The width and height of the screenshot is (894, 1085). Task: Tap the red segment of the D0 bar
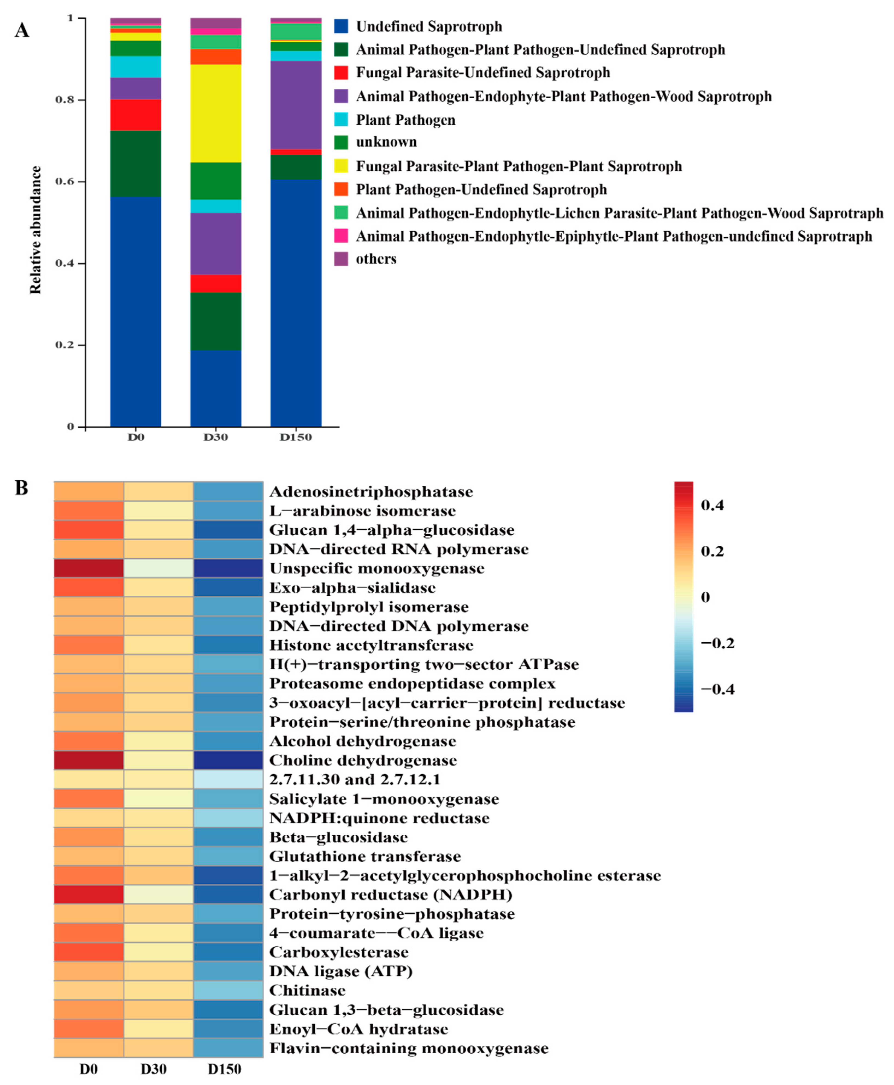(135, 115)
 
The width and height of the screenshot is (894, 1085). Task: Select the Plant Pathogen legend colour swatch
(341, 119)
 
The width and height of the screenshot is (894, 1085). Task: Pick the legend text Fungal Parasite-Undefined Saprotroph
(483, 73)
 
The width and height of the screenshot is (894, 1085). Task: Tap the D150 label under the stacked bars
(296, 437)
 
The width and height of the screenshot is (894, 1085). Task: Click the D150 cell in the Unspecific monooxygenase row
(228, 568)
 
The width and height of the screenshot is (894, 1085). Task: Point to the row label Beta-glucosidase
(338, 837)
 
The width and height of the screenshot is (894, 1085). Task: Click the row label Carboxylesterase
(338, 952)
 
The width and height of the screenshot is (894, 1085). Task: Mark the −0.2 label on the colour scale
(717, 643)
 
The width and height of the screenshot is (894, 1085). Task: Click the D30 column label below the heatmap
(154, 1069)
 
